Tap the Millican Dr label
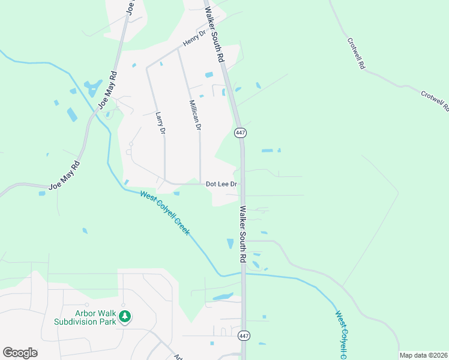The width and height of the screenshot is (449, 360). tap(195, 115)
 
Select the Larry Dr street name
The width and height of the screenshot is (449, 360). tap(160, 123)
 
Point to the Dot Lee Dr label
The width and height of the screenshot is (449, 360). tap(221, 184)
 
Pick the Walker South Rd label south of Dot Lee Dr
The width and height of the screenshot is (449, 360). tap(243, 234)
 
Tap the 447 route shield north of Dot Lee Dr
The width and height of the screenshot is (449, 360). tap(240, 132)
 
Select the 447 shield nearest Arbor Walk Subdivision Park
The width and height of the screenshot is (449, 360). tap(243, 335)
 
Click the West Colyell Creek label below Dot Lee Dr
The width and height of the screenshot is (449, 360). tap(164, 212)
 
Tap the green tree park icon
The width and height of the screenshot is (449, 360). tap(125, 316)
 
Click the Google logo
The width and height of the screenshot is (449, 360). tap(20, 353)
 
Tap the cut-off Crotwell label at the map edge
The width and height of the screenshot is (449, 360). tap(436, 102)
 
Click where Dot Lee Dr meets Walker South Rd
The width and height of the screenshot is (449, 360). tap(243, 184)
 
